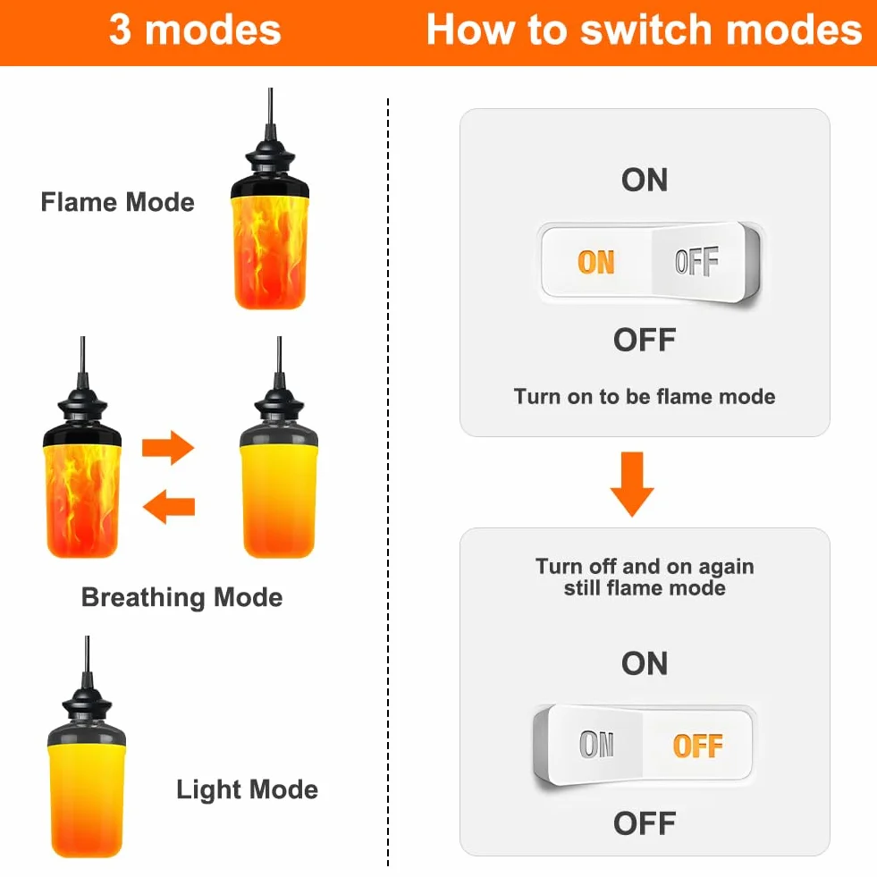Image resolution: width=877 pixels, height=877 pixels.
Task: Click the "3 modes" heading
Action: (195, 30)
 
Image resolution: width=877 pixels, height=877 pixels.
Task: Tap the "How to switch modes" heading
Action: (644, 30)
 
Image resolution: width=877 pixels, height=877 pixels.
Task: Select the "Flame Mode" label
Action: (117, 202)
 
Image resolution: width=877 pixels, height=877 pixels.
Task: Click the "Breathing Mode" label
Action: (181, 597)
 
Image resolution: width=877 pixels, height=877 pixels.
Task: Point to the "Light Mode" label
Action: (248, 789)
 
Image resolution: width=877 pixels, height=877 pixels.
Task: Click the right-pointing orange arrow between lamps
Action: (168, 448)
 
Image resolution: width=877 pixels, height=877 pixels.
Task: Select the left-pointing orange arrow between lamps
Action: (169, 507)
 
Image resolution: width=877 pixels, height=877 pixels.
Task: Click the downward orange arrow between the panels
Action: (632, 485)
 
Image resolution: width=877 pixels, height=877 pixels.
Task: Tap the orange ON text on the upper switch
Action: (596, 262)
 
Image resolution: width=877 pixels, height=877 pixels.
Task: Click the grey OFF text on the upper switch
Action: (697, 261)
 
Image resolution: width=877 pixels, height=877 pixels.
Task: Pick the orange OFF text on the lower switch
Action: (698, 746)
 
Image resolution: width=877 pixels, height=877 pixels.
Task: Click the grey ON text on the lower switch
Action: (597, 745)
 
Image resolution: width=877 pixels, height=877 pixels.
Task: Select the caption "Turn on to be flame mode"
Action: (645, 397)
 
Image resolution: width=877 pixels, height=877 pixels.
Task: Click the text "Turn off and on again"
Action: (645, 566)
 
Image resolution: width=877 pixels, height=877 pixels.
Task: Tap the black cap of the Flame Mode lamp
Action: (270, 168)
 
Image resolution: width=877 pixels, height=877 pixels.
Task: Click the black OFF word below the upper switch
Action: (645, 340)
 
